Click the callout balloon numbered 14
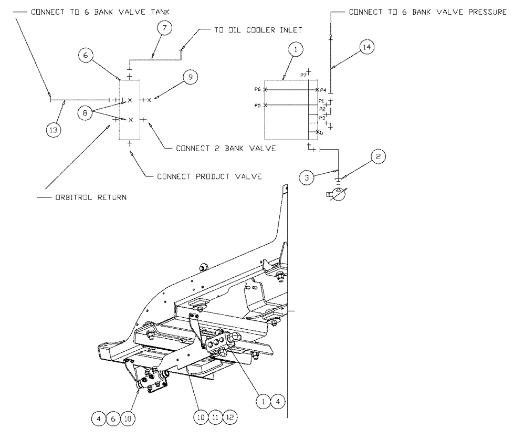pos(367,47)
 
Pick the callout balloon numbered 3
pos(307,176)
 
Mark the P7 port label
pos(303,75)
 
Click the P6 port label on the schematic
pos(258,90)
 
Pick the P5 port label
pos(258,106)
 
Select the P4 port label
pos(323,90)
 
